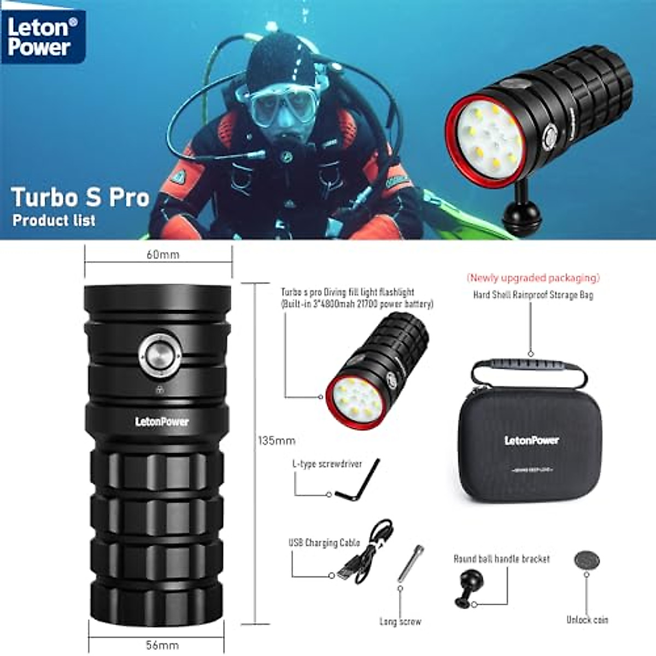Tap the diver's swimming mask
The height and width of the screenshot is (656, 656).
tap(283, 104)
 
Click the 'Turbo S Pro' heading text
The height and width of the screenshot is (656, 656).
tap(80, 197)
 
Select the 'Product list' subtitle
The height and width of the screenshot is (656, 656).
tap(54, 220)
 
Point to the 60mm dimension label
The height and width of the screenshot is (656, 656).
tap(162, 255)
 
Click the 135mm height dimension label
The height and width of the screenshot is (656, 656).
tap(277, 441)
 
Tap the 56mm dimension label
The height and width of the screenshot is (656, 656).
tap(162, 645)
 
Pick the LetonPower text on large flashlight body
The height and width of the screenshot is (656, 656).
tap(162, 421)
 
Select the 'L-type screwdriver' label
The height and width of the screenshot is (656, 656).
tap(327, 464)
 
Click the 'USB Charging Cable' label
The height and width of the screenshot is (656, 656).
tap(324, 543)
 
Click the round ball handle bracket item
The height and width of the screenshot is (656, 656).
tap(466, 587)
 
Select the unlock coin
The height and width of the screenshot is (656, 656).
tap(587, 561)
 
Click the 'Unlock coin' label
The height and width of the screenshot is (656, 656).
tap(587, 620)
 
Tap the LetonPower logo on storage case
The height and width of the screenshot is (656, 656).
tap(531, 440)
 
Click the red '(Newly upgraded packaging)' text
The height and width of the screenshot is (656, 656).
tap(533, 278)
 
